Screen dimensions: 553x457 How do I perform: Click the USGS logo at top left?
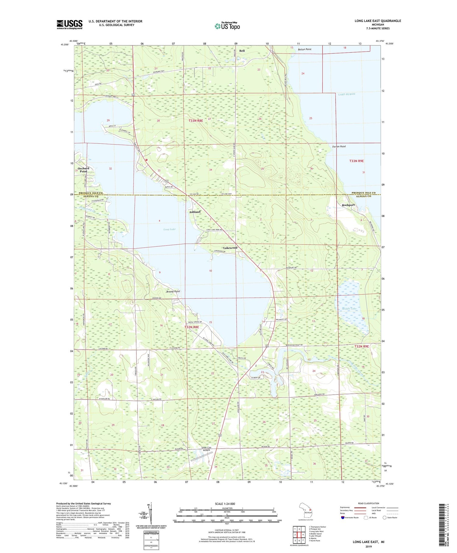click(x=69, y=24)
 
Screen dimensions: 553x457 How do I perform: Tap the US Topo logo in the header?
click(x=227, y=26)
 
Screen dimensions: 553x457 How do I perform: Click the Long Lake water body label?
click(x=169, y=229)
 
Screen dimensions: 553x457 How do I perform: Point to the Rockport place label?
click(x=348, y=205)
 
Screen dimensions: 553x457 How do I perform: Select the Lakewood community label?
click(x=230, y=248)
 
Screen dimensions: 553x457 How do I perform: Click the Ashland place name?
click(x=195, y=212)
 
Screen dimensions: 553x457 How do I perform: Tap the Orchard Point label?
click(x=83, y=170)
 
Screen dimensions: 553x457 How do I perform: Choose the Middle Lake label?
click(x=349, y=309)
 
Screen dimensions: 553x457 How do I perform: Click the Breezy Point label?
click(x=173, y=292)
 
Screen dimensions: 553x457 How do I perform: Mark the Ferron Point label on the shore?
click(x=339, y=146)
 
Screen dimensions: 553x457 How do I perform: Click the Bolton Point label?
click(x=305, y=49)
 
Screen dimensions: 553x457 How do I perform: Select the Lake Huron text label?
click(x=346, y=94)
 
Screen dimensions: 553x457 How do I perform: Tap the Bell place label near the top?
click(x=242, y=51)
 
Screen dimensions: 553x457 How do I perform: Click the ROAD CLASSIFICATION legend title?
click(x=369, y=503)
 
